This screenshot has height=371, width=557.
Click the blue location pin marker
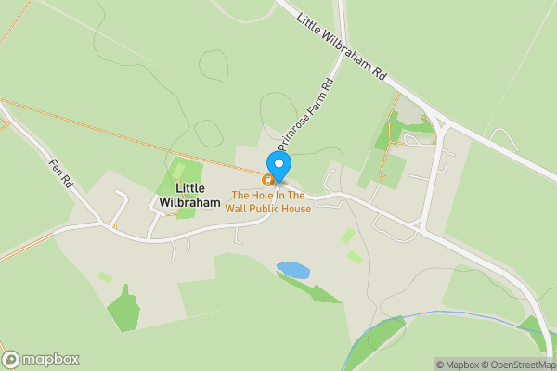(x=279, y=164)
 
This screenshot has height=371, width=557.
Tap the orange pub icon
(x=269, y=180)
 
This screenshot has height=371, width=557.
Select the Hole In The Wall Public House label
(x=268, y=201)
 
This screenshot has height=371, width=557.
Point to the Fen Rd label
(x=61, y=172)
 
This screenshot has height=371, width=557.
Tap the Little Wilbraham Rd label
(x=342, y=44)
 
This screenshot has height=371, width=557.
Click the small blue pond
(x=293, y=270)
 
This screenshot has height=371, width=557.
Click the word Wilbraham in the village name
(x=188, y=201)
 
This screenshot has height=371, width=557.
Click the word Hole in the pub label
(x=261, y=196)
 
